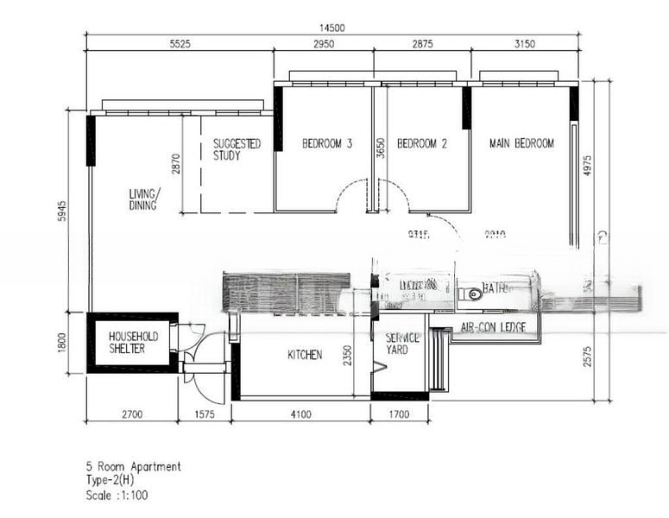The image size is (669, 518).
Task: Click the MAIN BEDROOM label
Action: (521, 143)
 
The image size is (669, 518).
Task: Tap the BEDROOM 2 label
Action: (421, 144)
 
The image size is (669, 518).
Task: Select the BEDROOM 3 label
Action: (326, 144)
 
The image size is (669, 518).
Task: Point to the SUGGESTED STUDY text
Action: (237, 149)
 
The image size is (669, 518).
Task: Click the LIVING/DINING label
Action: (143, 199)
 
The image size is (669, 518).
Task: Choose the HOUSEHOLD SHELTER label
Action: (133, 342)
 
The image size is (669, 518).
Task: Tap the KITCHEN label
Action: (305, 355)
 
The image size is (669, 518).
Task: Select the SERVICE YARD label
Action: (402, 344)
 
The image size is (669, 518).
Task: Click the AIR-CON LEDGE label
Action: (495, 329)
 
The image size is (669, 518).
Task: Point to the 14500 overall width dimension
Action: (331, 28)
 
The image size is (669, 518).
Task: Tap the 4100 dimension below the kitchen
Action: (300, 415)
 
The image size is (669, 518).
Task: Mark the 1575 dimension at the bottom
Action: (204, 415)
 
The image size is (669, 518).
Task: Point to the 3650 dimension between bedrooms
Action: (379, 148)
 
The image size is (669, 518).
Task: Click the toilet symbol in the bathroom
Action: (472, 294)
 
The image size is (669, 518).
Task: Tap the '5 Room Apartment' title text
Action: (133, 467)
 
